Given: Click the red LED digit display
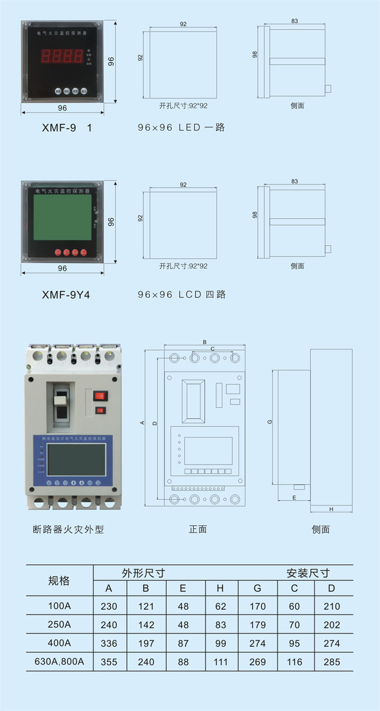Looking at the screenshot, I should tap(63, 56).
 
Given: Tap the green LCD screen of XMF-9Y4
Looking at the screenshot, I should tap(62, 218).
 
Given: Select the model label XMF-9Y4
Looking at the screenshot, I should tap(66, 295).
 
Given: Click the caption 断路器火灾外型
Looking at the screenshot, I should tap(68, 529).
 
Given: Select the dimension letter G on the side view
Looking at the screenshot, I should tap(270, 422).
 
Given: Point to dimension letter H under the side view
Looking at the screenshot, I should tap(331, 510).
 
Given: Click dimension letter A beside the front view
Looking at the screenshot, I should tap(142, 423).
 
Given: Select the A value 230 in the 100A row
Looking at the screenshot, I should tap(109, 606).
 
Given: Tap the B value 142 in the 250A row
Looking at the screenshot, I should tap(146, 625).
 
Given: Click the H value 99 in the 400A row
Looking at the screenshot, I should tap(220, 643).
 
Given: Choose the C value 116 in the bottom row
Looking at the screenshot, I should tap(294, 661).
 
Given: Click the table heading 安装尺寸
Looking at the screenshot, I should tap(308, 573).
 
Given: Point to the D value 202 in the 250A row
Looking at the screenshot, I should tap(332, 625).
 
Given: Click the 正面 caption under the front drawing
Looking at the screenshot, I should tap(198, 529).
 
